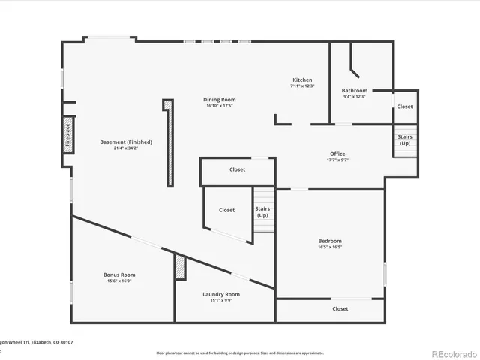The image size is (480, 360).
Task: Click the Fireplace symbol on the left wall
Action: click(68, 135)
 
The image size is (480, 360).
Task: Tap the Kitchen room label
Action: click(302, 79)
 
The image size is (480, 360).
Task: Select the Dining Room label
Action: click(220, 100)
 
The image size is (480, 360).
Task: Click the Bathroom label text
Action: click(355, 90)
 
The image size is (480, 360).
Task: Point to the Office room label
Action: click(337, 154)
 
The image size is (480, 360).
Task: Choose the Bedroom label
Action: click(330, 241)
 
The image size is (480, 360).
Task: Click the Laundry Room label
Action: click(221, 294)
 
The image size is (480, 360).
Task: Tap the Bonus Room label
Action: click(119, 274)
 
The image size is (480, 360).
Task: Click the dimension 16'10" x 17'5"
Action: click(220, 106)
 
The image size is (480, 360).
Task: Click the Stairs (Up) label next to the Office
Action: click(405, 140)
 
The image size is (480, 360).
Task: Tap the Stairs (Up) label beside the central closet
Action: click(262, 212)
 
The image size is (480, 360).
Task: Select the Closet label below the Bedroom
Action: click(340, 308)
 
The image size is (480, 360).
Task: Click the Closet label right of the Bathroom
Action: click(405, 106)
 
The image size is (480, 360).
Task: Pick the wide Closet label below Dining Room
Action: click(237, 169)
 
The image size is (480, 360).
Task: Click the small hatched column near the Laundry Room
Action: click(180, 267)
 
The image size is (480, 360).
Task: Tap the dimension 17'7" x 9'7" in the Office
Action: click(337, 160)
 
